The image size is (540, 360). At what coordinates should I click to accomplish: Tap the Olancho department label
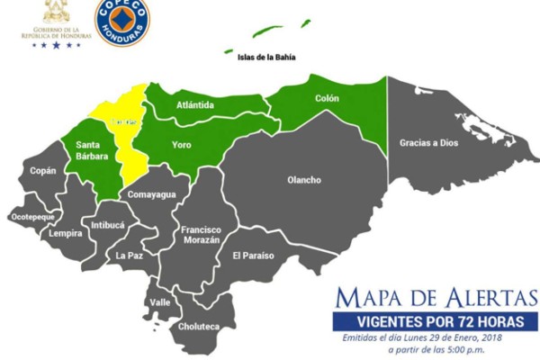(303, 180)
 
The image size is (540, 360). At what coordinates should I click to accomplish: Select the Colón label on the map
(326, 98)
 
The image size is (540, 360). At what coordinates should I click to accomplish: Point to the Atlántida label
(195, 105)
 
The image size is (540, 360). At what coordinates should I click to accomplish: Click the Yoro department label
(182, 144)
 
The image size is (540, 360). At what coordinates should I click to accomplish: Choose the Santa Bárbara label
(93, 150)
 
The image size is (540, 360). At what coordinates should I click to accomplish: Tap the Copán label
(42, 170)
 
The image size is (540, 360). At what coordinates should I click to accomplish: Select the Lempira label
(66, 234)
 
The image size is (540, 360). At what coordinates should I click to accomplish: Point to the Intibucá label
(107, 223)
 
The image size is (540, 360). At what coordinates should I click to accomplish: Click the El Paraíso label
(253, 256)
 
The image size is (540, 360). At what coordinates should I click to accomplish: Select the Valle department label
(160, 302)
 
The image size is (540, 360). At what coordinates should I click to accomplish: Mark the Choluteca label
(198, 327)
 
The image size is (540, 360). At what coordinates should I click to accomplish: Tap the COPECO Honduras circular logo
(121, 22)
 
